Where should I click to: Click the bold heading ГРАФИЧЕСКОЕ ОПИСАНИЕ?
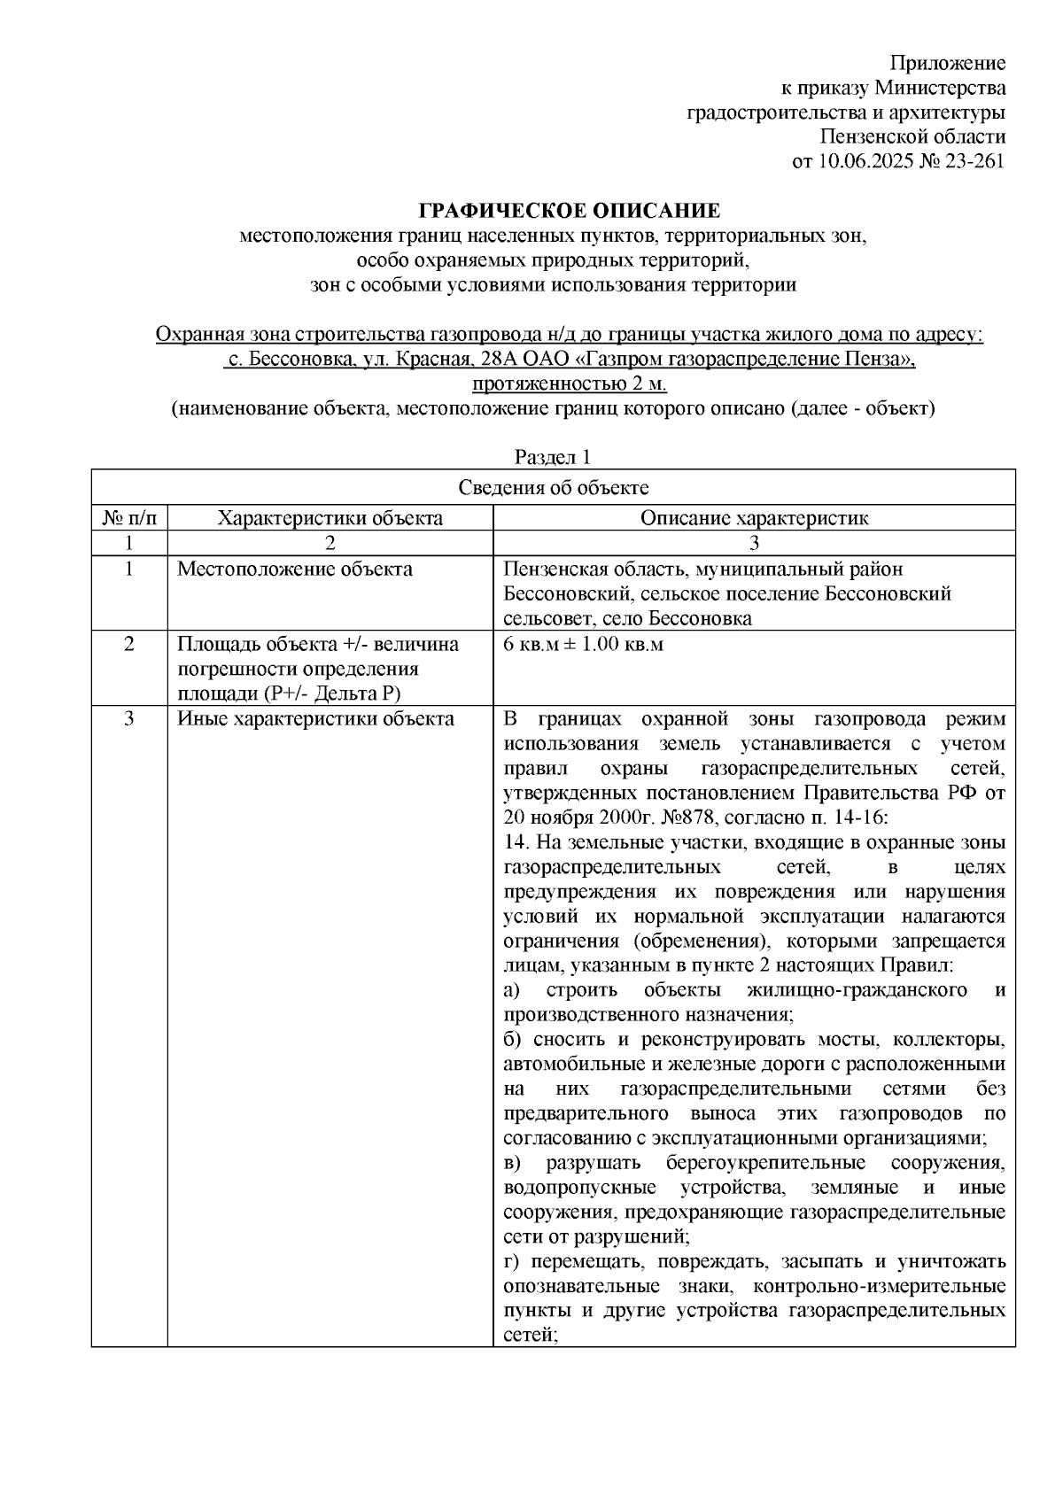pyautogui.click(x=569, y=211)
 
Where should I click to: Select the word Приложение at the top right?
pyautogui.click(x=948, y=63)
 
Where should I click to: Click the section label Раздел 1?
pyautogui.click(x=553, y=457)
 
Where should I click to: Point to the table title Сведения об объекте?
pyautogui.click(x=553, y=488)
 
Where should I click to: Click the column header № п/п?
pyautogui.click(x=129, y=519)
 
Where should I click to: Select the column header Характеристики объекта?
pyautogui.click(x=330, y=519)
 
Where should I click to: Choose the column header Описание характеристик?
pyautogui.click(x=754, y=519)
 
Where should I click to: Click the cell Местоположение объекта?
pyautogui.click(x=295, y=569)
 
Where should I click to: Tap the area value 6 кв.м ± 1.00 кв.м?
pyautogui.click(x=583, y=645)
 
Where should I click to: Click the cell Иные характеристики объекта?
pyautogui.click(x=315, y=719)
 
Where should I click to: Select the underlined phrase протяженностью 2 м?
pyautogui.click(x=569, y=384)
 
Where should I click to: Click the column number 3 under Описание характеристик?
pyautogui.click(x=754, y=543)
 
